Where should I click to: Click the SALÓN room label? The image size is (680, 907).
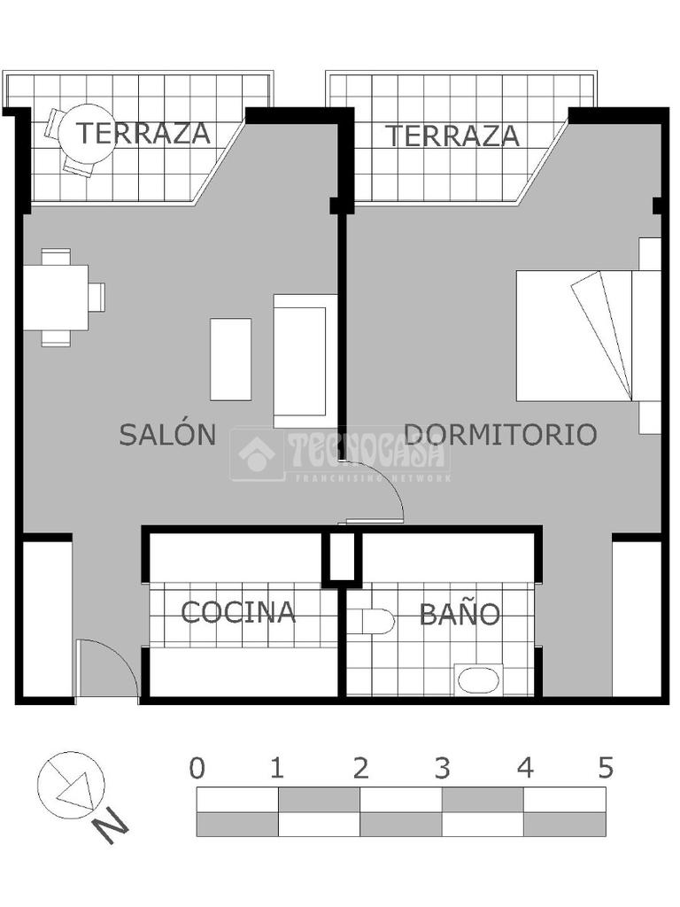[x=167, y=433]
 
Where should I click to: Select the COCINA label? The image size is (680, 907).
[x=238, y=612]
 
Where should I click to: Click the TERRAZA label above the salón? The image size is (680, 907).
[x=143, y=133]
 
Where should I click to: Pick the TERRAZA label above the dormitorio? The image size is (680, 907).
[x=452, y=136]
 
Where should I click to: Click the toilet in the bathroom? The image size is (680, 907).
[x=378, y=621]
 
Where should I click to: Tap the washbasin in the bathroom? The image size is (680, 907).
[x=478, y=679]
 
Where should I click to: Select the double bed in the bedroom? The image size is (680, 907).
[x=589, y=336]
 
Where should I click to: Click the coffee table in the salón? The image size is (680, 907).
[x=231, y=360]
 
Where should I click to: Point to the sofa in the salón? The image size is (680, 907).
[x=305, y=361]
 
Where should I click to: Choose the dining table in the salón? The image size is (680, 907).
[x=56, y=298]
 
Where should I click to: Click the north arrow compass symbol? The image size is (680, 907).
[x=71, y=785]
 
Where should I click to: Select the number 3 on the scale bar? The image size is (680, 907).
[x=443, y=769]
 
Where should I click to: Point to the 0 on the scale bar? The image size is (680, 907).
[x=197, y=769]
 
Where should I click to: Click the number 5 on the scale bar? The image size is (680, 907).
[x=606, y=769]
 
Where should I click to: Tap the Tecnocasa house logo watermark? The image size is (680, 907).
[x=258, y=454]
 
